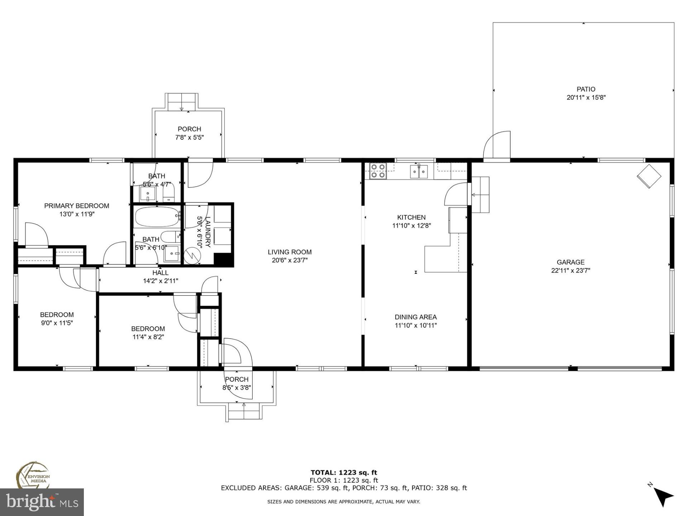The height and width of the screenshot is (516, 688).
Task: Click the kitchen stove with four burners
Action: click(378, 171)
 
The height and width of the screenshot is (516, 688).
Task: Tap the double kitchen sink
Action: click(419, 172)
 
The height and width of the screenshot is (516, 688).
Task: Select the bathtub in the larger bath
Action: click(157, 216)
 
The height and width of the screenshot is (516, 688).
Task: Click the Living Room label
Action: click(290, 252)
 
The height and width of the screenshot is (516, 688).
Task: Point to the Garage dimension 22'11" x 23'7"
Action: click(570, 271)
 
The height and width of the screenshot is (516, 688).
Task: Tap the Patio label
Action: click(586, 89)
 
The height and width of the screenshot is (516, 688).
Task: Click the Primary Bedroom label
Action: click(77, 206)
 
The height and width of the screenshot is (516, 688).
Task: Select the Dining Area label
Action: click(416, 317)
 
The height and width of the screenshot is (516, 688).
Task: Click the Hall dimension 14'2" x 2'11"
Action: click(161, 281)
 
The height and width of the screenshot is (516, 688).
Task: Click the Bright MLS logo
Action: click(42, 502)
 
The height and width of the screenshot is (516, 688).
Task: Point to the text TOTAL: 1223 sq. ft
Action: click(344, 473)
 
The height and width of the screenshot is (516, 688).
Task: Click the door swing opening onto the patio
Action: click(497, 145)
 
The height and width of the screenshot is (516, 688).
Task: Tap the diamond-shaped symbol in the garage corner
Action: click(649, 176)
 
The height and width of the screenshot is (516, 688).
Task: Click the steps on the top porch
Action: click(181, 102)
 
